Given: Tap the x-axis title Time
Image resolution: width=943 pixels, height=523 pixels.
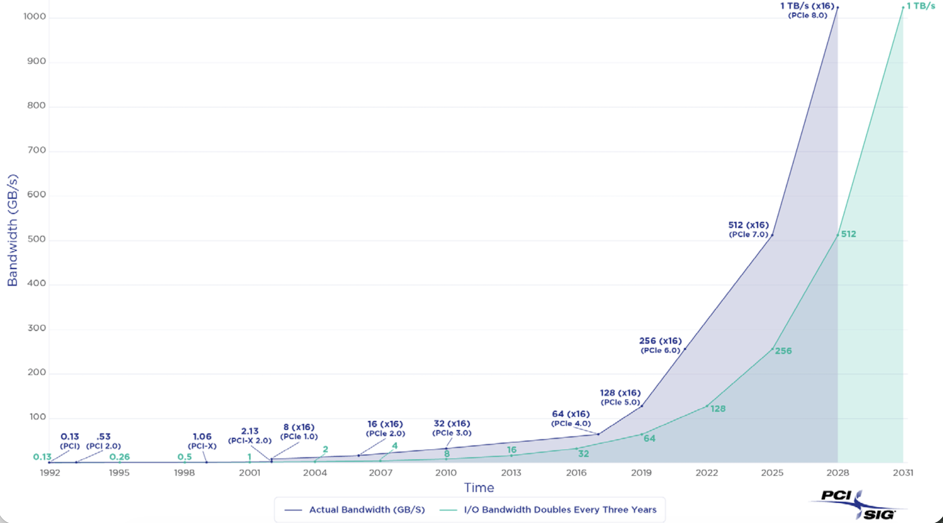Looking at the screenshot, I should [x=479, y=487].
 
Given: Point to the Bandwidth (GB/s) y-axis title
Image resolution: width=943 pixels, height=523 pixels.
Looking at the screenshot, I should [x=12, y=230].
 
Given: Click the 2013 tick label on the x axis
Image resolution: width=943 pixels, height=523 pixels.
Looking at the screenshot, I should [x=511, y=472].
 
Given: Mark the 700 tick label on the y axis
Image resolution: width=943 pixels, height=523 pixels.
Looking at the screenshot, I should [x=36, y=150].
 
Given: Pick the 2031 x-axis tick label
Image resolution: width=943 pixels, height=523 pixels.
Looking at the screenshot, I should [x=903, y=472].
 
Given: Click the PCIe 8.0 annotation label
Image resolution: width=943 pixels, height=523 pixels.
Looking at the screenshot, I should [x=808, y=15].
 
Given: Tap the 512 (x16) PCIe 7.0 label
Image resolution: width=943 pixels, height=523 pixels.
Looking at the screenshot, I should [x=748, y=229].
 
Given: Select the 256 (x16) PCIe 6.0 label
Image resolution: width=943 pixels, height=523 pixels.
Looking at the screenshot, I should [x=660, y=345].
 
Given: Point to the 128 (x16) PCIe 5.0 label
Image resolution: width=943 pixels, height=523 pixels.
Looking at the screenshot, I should [x=620, y=397].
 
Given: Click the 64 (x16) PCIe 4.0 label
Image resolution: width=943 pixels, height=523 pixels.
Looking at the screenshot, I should [x=571, y=418].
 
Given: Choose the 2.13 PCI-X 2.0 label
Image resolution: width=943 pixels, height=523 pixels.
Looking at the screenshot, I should [x=250, y=435].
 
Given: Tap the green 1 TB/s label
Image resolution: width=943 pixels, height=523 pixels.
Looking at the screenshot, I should [x=920, y=6].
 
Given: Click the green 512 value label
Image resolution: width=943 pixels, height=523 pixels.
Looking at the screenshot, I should [x=848, y=234].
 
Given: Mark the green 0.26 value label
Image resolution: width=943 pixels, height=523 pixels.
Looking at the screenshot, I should [x=120, y=457].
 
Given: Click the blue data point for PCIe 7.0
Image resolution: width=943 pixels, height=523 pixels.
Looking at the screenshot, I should [x=772, y=235].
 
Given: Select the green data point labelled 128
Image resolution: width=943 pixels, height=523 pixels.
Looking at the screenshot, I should [x=707, y=406].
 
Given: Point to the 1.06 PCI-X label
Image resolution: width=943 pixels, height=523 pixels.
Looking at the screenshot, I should [x=202, y=441].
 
